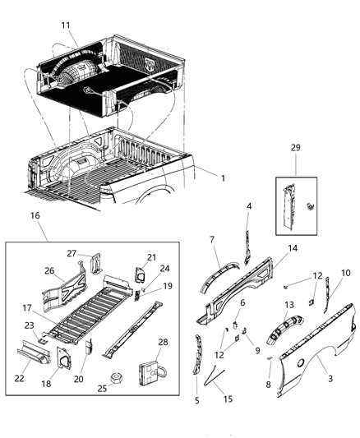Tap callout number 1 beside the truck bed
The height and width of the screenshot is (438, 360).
[221, 177]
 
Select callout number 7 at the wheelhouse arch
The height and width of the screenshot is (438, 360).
[211, 239]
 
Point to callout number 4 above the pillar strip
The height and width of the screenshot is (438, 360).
[249, 206]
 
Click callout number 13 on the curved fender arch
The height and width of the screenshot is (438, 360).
[288, 305]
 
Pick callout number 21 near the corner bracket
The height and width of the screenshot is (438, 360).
[151, 257]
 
